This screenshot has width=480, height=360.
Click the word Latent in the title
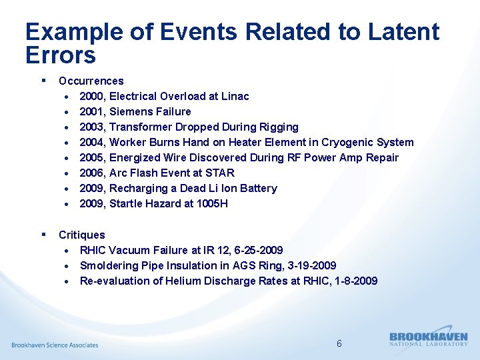(402, 32)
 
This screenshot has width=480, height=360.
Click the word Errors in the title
(61, 55)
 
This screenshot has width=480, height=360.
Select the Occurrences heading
(91, 81)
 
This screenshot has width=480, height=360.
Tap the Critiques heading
(81, 235)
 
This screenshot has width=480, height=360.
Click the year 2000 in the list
(91, 97)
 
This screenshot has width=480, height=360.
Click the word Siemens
(131, 112)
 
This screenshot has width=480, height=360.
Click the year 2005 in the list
(91, 158)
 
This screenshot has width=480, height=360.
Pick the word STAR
(220, 173)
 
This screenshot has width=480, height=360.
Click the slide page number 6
(339, 344)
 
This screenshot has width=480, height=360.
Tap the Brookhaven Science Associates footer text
(55, 345)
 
